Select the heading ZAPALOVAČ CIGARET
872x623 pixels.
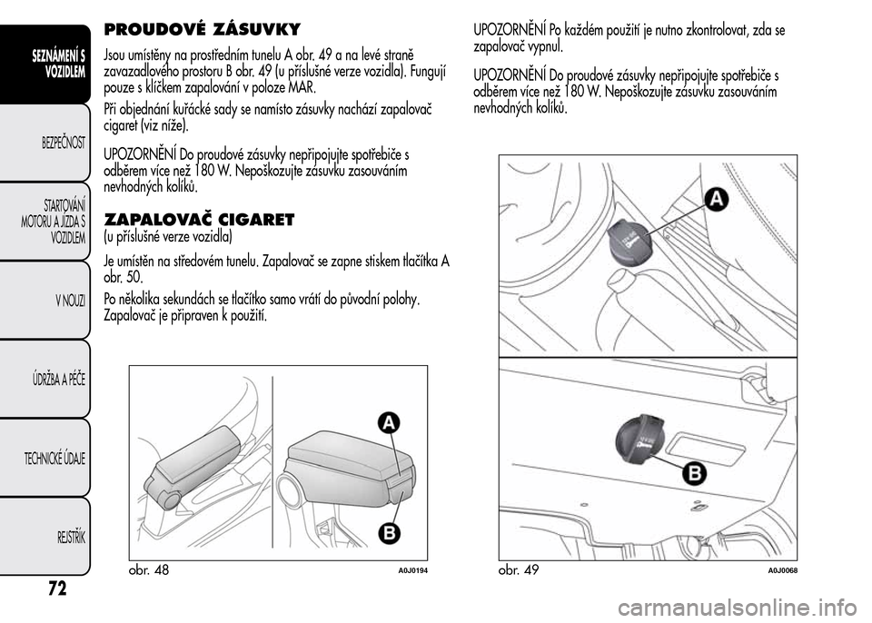tap(200, 219)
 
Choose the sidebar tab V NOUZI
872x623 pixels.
tap(68, 300)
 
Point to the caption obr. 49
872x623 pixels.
tap(519, 570)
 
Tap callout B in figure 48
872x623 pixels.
tap(388, 531)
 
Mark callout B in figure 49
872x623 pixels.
tap(694, 473)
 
